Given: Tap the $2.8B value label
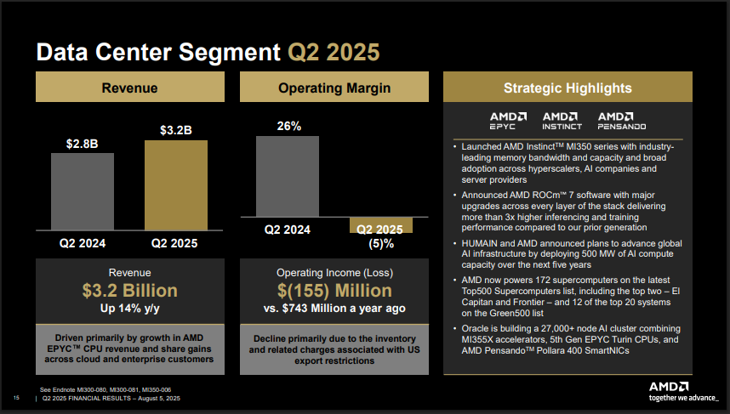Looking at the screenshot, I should (x=82, y=144).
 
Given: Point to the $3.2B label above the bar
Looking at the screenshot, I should (x=175, y=130).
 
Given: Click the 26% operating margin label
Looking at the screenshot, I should (x=288, y=126).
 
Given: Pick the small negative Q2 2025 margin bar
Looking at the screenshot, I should (x=380, y=224).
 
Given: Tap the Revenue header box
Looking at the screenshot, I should (x=129, y=88).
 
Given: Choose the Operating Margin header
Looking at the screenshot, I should (x=334, y=88).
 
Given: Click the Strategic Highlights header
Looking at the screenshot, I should (x=567, y=88).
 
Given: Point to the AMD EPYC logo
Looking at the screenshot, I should (x=508, y=121).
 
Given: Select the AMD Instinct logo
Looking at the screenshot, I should (x=562, y=121).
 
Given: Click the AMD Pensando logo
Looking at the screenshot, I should (x=615, y=121).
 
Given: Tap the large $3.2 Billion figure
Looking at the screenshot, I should (x=129, y=291).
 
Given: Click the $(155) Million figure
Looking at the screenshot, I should (x=334, y=291).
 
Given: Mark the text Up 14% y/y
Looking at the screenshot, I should (x=129, y=309).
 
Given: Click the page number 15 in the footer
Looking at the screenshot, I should (x=16, y=399).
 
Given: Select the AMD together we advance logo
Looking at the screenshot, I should (x=677, y=390).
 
